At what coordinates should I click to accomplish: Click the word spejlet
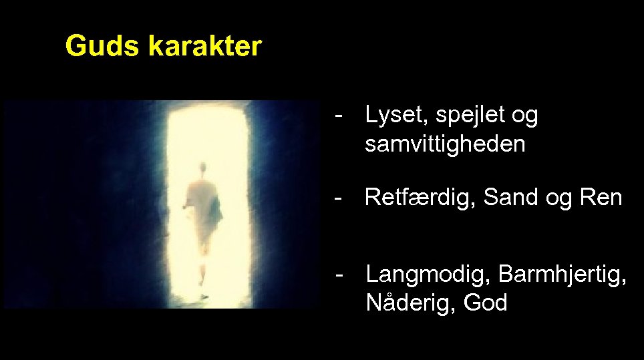click(x=469, y=117)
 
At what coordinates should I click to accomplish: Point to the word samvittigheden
click(x=445, y=144)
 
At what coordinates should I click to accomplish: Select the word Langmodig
click(x=428, y=275)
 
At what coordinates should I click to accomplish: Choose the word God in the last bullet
click(x=486, y=303)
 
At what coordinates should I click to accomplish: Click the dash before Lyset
click(x=341, y=116)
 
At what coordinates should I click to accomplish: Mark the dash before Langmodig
click(x=341, y=274)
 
